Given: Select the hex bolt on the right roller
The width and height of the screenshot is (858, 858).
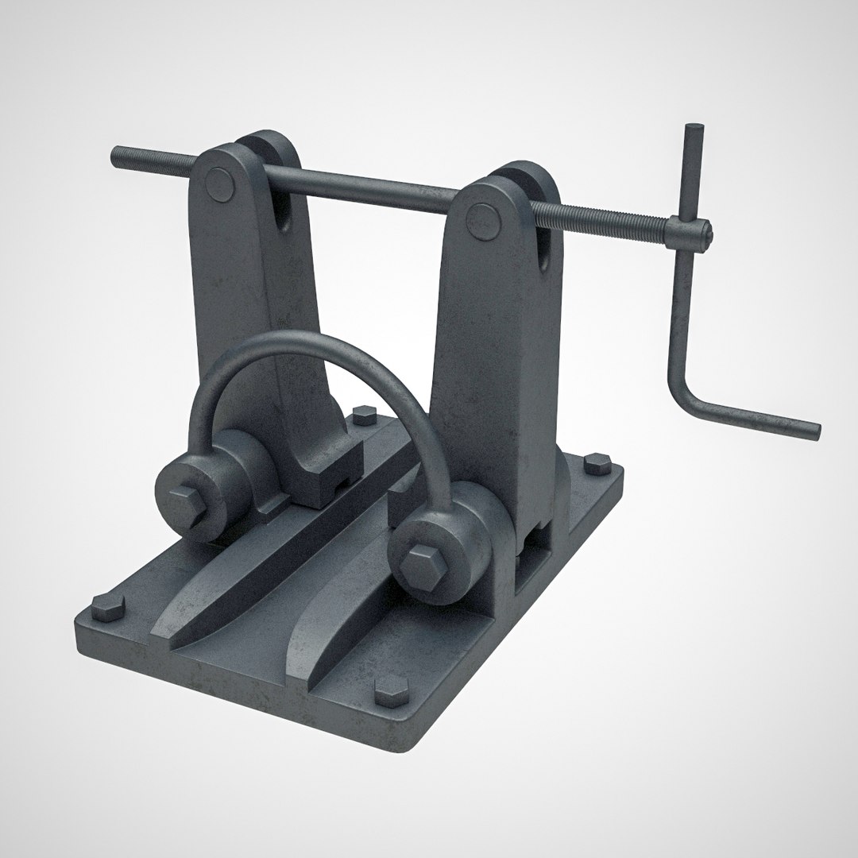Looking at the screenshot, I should pyautogui.click(x=418, y=566).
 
